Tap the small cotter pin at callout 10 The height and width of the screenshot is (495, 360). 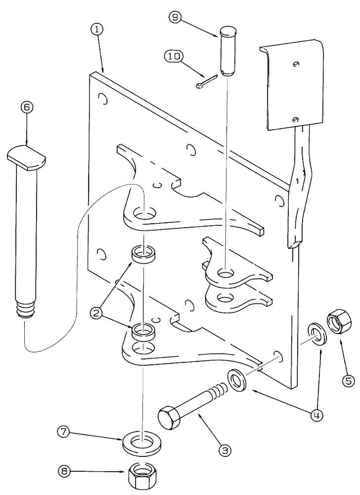click(206, 82)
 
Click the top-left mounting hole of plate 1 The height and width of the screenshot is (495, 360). click(102, 99)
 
